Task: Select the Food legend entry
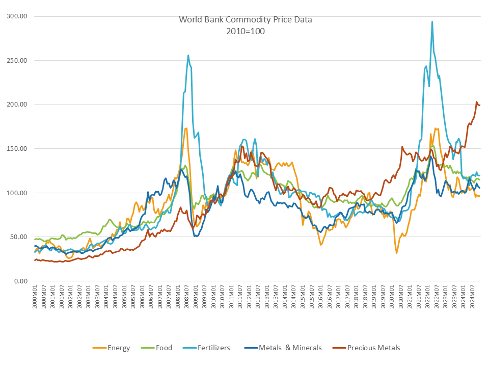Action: [157, 348]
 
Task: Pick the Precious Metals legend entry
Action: [367, 348]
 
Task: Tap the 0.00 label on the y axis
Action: [20, 281]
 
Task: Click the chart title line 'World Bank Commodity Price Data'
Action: [246, 20]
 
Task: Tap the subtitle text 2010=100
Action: [246, 31]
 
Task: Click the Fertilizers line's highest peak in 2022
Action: [432, 22]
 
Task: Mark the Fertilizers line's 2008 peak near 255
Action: [188, 56]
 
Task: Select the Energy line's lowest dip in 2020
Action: [397, 253]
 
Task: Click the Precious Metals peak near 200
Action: [477, 102]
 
